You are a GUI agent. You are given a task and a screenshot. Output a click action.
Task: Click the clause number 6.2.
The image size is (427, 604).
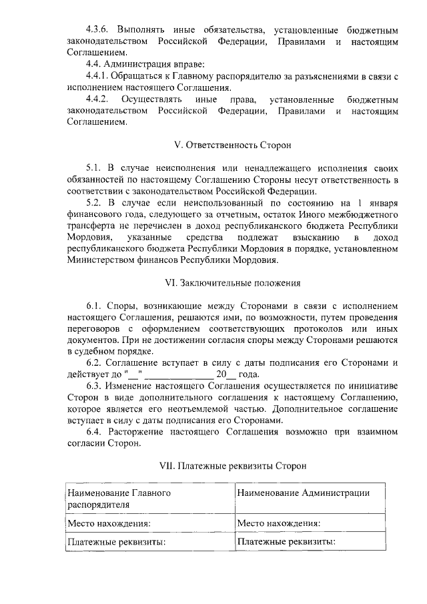(95, 363)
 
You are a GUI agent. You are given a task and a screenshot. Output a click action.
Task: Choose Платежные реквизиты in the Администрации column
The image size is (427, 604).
(286, 541)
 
